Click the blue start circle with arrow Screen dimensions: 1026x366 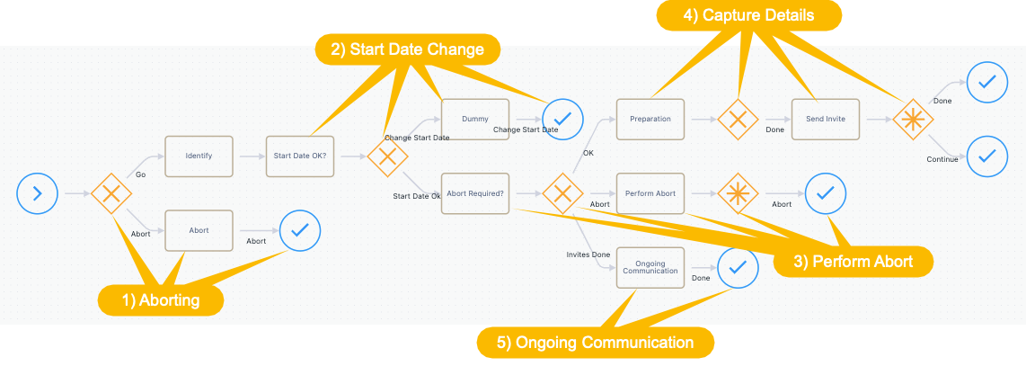click(x=38, y=193)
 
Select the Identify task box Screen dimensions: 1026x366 click(x=199, y=156)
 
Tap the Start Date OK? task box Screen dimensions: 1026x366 click(x=300, y=156)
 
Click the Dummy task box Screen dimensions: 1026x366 click(x=475, y=120)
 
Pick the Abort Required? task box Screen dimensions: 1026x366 click(x=475, y=193)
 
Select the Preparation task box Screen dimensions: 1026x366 click(x=650, y=120)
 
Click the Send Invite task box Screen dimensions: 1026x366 click(x=826, y=120)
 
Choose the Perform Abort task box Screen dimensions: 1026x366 click(x=650, y=193)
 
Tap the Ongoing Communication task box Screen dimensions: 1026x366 click(x=650, y=268)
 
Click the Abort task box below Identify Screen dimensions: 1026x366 click(x=199, y=230)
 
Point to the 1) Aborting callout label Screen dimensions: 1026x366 click(x=161, y=300)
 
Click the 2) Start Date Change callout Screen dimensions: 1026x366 click(x=408, y=49)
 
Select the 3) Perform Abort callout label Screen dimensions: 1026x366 click(x=854, y=262)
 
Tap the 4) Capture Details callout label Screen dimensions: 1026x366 click(x=749, y=15)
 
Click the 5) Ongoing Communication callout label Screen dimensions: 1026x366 click(x=596, y=343)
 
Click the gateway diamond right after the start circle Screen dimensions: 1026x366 click(x=111, y=193)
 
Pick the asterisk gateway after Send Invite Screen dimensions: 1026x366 click(x=913, y=120)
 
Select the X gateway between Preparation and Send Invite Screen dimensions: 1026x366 click(x=739, y=120)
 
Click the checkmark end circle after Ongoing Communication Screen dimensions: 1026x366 click(x=739, y=268)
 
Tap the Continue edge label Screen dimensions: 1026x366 click(x=942, y=159)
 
